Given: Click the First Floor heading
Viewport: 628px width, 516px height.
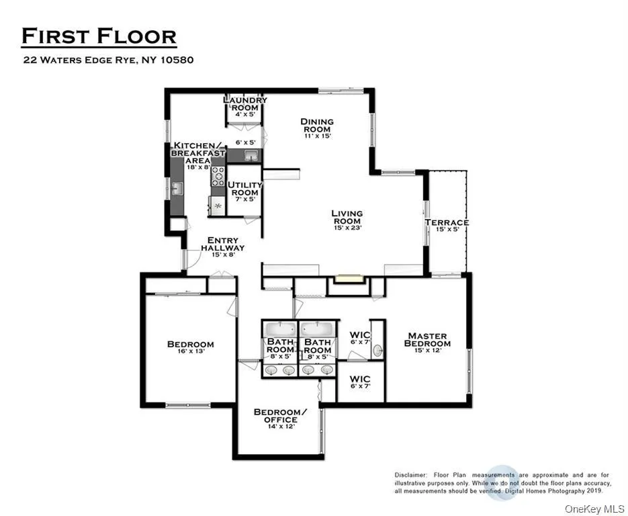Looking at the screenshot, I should [x=99, y=36].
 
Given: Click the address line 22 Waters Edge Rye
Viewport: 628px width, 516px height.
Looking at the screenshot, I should [x=108, y=60].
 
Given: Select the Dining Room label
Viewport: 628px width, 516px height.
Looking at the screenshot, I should [x=317, y=128].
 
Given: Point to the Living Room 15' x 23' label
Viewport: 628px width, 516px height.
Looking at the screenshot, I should [x=347, y=220].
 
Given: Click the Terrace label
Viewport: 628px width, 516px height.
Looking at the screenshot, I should [x=447, y=226].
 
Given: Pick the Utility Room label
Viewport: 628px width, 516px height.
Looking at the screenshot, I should [x=242, y=191].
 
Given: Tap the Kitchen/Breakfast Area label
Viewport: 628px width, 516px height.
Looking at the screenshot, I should [x=197, y=153].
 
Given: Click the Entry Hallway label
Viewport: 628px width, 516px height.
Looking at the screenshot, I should [x=222, y=247].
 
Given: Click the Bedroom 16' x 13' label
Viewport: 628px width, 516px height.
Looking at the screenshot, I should [x=190, y=347].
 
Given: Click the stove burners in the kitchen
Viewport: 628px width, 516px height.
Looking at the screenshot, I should [x=218, y=176].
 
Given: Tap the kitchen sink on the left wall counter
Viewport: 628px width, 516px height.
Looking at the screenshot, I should [x=177, y=189].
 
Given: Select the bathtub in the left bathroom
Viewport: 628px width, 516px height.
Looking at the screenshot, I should [x=279, y=329].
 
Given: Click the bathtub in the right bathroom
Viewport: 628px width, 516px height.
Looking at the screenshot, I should [x=317, y=329].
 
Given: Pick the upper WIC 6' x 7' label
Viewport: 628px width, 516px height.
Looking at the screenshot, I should [x=360, y=339].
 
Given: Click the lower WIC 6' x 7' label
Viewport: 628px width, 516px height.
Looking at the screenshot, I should [x=360, y=382].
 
